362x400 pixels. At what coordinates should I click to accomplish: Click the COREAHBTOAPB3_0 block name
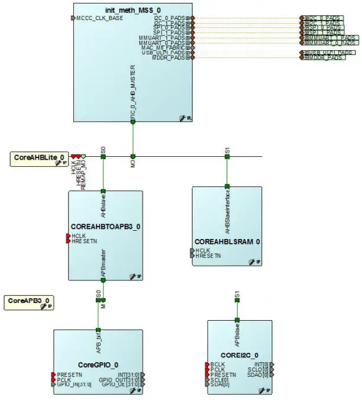[105, 227]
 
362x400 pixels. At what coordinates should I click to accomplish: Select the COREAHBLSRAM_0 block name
[228, 241]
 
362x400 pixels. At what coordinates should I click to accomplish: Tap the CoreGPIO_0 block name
[98, 364]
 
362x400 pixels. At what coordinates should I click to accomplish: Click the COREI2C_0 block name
[240, 354]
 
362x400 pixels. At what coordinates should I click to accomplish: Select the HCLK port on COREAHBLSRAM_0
[203, 251]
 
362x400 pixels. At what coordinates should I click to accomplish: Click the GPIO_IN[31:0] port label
[74, 384]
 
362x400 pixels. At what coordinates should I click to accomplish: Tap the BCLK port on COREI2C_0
[217, 364]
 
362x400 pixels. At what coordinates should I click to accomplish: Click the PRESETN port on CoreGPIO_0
[69, 374]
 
